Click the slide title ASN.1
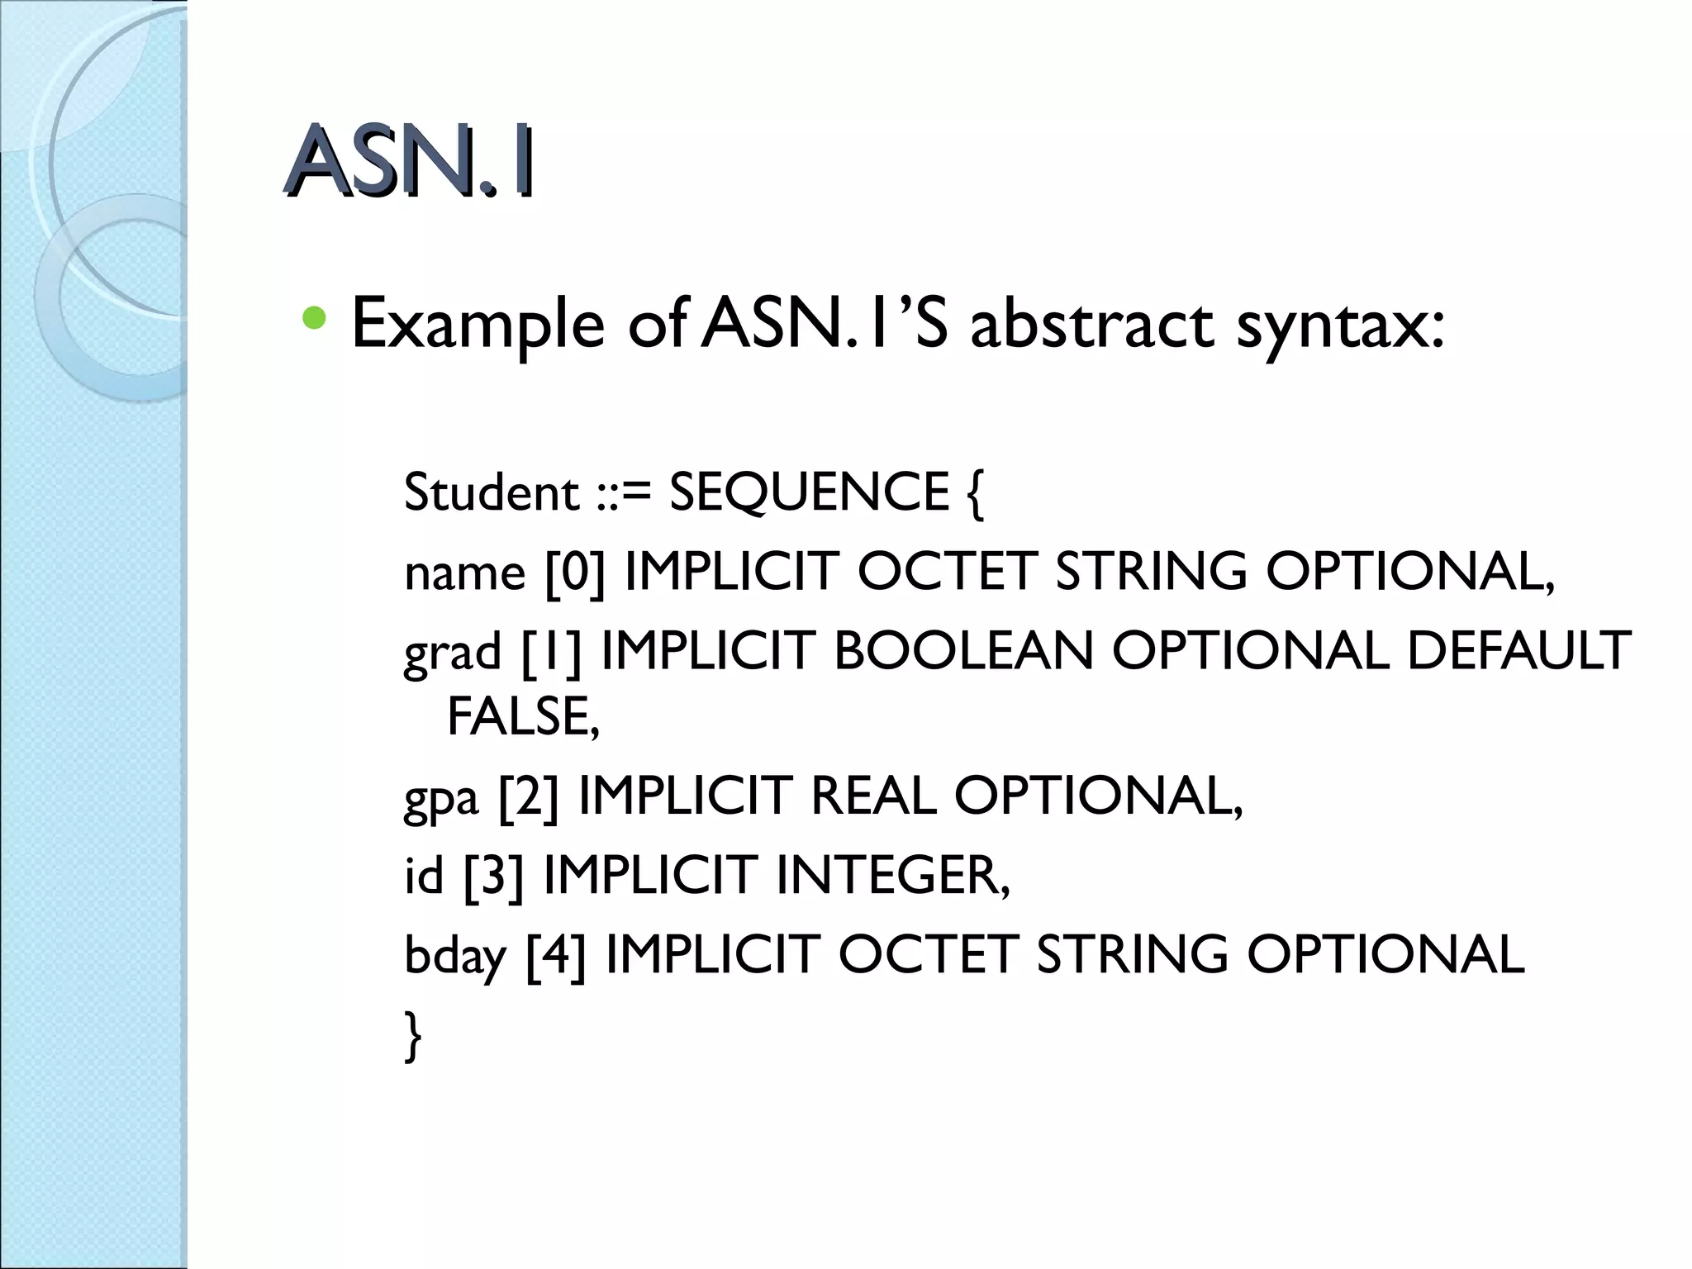(x=409, y=162)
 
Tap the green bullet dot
(x=314, y=317)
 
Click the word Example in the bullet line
(x=478, y=324)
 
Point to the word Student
(x=491, y=492)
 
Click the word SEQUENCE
(x=809, y=492)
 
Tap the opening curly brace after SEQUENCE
(x=974, y=494)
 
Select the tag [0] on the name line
(x=575, y=572)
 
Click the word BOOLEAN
(x=963, y=651)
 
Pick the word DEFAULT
(x=1519, y=651)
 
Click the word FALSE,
(x=523, y=715)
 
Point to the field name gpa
(x=441, y=798)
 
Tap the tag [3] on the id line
(x=493, y=876)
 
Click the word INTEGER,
(x=893, y=876)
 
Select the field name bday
(x=454, y=957)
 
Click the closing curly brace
(x=413, y=1036)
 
